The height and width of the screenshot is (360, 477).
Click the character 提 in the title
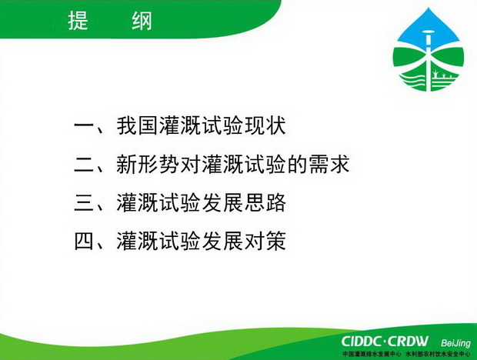78,21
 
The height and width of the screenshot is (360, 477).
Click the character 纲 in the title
142,21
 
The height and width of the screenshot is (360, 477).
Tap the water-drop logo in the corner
429,49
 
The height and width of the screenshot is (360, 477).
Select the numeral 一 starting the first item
84,125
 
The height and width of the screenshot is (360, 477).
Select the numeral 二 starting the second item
84,165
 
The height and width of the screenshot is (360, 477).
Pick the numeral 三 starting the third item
84,203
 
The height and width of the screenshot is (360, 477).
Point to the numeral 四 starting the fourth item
84,242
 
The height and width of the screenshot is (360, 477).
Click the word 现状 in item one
265,125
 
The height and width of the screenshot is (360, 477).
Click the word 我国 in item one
137,125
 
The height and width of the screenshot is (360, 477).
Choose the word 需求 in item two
329,164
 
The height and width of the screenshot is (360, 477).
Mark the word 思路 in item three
265,202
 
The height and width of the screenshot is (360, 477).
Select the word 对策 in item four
265,241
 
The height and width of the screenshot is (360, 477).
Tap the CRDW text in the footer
409,342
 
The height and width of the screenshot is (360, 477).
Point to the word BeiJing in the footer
455,344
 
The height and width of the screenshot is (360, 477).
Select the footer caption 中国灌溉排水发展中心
372,354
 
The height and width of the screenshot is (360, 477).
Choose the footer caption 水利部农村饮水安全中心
438,354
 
